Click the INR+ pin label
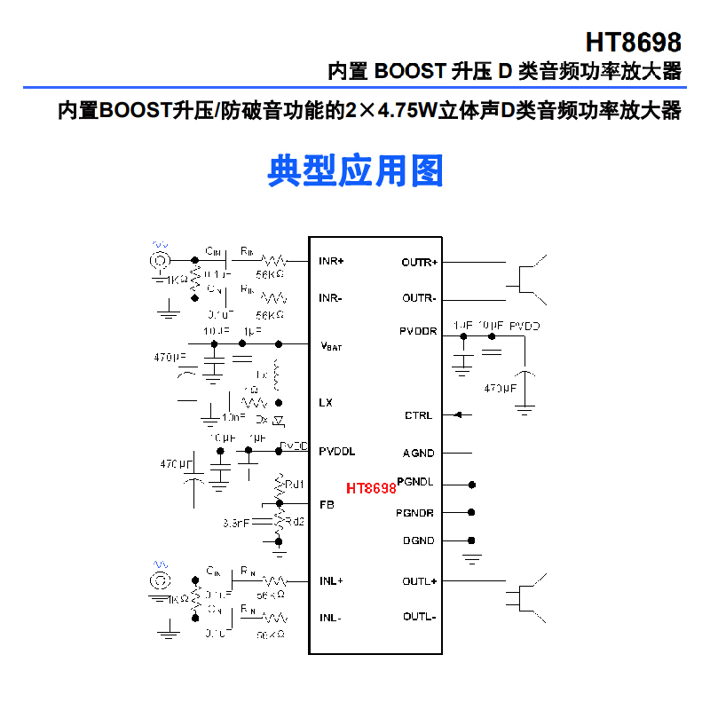331,262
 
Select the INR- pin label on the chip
330,298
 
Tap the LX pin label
326,402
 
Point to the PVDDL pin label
337,452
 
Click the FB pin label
326,505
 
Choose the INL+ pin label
331,581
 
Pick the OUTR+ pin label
419,263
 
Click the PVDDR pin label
417,331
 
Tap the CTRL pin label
418,415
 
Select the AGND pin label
418,454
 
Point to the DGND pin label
418,540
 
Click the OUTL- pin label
419,617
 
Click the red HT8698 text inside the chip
371,488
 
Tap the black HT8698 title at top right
633,43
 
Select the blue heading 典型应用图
355,170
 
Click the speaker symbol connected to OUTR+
527,276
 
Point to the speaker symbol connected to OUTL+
527,596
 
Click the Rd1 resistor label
295,485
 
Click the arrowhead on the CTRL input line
458,414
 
